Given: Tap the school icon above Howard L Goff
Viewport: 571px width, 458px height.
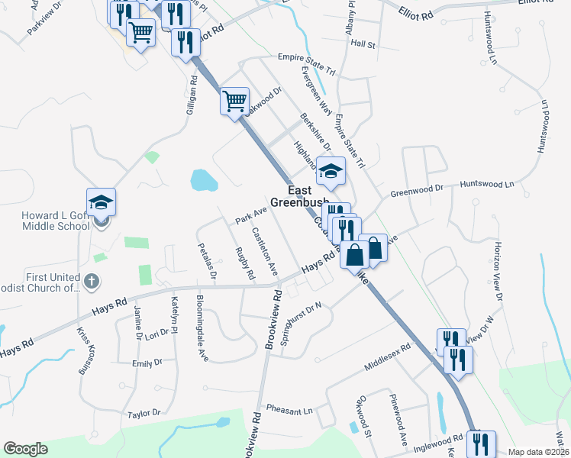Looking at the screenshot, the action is coord(101,203).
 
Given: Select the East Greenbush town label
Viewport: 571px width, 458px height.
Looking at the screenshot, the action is coord(308,198).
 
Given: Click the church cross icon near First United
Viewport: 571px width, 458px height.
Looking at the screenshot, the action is coord(92,281).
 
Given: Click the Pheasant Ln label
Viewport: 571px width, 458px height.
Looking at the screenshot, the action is coord(290,411).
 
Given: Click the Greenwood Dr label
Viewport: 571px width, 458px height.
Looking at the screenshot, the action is coord(417,189).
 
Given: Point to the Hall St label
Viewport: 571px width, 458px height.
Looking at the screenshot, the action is coord(363,45).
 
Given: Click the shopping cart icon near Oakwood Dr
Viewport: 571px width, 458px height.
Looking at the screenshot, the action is coord(234,101).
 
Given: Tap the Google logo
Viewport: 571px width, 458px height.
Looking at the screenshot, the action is coord(26,449).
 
